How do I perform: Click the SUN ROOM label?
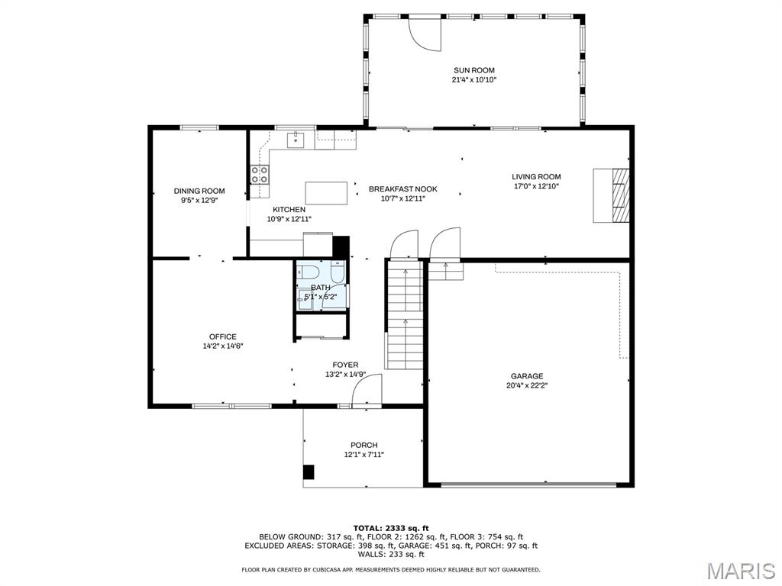pyautogui.click(x=473, y=70)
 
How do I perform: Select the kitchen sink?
pyautogui.click(x=296, y=140)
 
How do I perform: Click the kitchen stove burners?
pyautogui.click(x=260, y=175)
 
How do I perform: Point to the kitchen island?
pyautogui.click(x=327, y=193)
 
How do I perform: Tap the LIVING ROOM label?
pyautogui.click(x=536, y=176)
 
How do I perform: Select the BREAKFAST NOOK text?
pyautogui.click(x=403, y=189)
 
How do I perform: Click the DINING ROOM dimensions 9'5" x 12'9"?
pyautogui.click(x=199, y=201)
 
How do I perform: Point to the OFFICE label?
pyautogui.click(x=223, y=336)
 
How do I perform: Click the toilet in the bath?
pyautogui.click(x=309, y=272)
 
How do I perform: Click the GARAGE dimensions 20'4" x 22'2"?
pyautogui.click(x=527, y=385)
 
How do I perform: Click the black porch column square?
pyautogui.click(x=309, y=472)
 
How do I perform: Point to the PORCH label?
pyautogui.click(x=364, y=445)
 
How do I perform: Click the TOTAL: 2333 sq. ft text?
pyautogui.click(x=391, y=528)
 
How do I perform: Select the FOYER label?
pyautogui.click(x=346, y=365)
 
